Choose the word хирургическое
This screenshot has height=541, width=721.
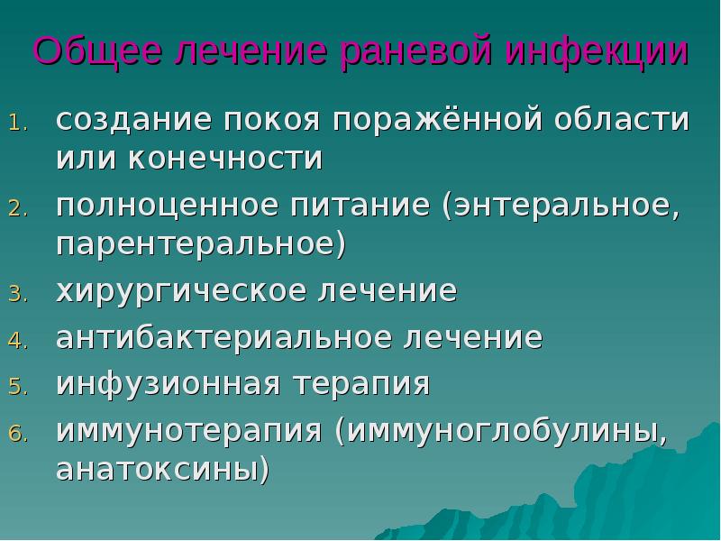pyautogui.click(x=172, y=291)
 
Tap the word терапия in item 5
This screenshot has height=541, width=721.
pyautogui.click(x=360, y=383)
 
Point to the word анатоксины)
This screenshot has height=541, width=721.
pyautogui.click(x=163, y=470)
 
